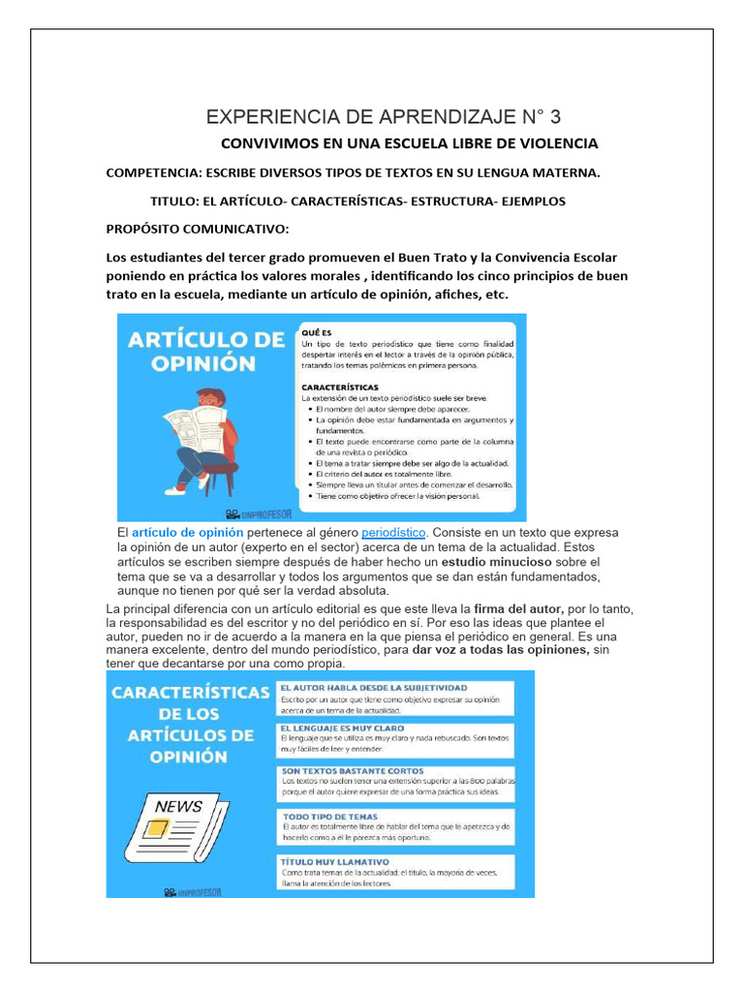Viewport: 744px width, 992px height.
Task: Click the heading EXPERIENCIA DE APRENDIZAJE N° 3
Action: click(x=383, y=118)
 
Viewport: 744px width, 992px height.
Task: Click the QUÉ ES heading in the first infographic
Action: click(x=316, y=331)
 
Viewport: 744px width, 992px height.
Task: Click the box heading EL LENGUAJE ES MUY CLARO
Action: click(x=342, y=728)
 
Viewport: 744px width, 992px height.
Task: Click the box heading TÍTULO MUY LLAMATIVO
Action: click(x=334, y=860)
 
